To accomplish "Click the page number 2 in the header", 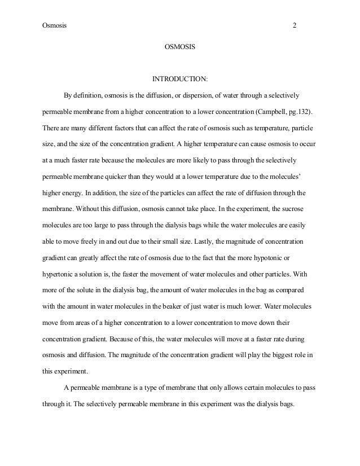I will (x=294, y=25).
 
